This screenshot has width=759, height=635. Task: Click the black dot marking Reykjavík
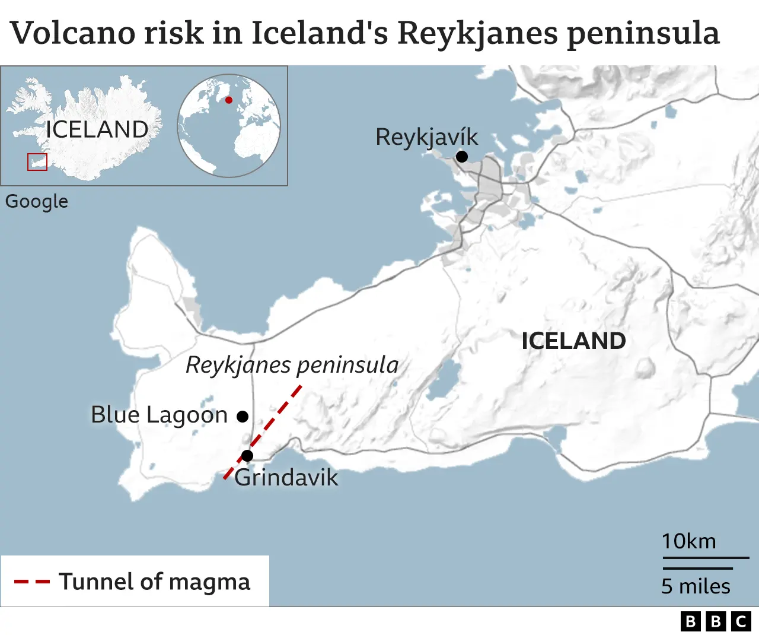click(x=461, y=157)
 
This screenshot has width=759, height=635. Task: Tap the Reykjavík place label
click(x=426, y=137)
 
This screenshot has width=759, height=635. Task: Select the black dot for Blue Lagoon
click(x=242, y=417)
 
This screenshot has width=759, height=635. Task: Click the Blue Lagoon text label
click(x=159, y=415)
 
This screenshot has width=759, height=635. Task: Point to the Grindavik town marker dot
click(x=247, y=456)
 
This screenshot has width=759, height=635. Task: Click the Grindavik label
click(x=286, y=478)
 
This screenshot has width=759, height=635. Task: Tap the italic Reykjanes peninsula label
click(x=292, y=365)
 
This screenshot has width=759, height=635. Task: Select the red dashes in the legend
click(x=31, y=582)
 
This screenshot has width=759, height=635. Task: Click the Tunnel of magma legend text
click(x=154, y=582)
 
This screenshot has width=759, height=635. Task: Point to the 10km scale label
click(x=688, y=541)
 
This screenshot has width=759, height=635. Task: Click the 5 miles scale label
click(x=696, y=586)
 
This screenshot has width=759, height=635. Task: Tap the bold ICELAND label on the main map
click(x=573, y=341)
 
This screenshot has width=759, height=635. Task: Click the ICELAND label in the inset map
click(x=97, y=129)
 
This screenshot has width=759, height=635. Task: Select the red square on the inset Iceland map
click(x=37, y=162)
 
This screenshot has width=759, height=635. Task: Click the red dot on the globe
click(x=229, y=100)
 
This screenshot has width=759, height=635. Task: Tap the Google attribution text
click(x=37, y=202)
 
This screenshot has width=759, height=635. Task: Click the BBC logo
click(x=716, y=621)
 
